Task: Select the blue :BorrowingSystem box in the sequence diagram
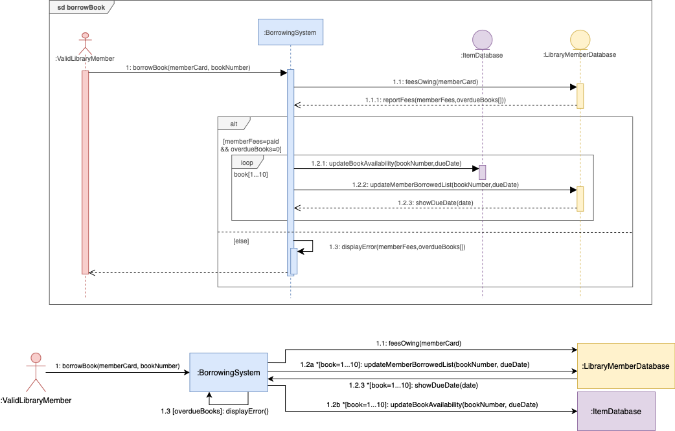pyautogui.click(x=290, y=32)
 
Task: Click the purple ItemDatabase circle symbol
pyautogui.click(x=482, y=40)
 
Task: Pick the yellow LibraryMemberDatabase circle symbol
pyautogui.click(x=579, y=39)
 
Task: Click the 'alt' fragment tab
pyautogui.click(x=233, y=123)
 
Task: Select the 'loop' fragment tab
pyautogui.click(x=247, y=162)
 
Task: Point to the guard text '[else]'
pyautogui.click(x=241, y=241)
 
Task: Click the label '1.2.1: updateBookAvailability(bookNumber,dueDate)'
pyautogui.click(x=387, y=164)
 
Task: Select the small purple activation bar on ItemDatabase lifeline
pyautogui.click(x=482, y=172)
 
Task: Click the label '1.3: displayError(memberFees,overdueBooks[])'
pyautogui.click(x=397, y=247)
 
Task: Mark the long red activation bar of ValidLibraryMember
pyautogui.click(x=85, y=171)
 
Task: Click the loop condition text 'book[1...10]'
pyautogui.click(x=251, y=175)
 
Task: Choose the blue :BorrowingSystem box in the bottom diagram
pyautogui.click(x=228, y=372)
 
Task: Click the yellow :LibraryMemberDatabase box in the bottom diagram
pyautogui.click(x=626, y=366)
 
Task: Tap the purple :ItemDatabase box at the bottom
pyautogui.click(x=616, y=411)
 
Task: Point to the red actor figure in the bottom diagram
pyautogui.click(x=36, y=371)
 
